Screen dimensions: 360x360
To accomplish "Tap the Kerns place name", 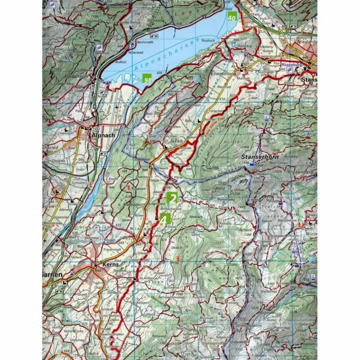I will pos(104,264).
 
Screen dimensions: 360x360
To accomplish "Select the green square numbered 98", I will pos(148,79).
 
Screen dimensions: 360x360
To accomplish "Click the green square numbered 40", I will pos(232,17).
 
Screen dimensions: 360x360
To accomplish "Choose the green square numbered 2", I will pos(172,198).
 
